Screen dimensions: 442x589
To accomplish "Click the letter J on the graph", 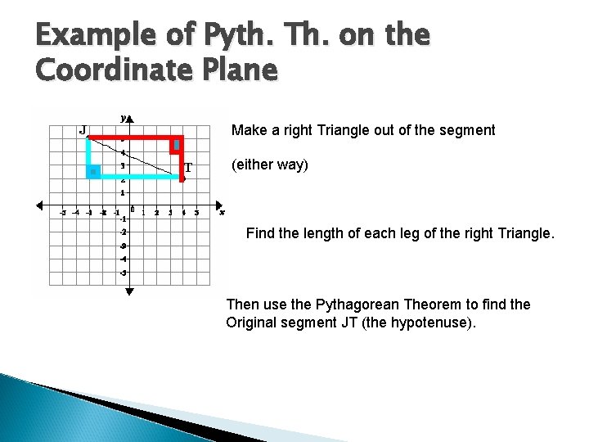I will (x=83, y=129).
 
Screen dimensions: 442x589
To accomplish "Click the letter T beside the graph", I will (x=188, y=167).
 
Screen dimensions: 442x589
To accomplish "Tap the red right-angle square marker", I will (x=175, y=146).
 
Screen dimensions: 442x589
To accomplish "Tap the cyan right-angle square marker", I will (x=94, y=170).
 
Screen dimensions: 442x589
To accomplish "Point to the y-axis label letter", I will (x=123, y=118).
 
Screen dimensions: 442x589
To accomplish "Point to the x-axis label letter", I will (x=222, y=212).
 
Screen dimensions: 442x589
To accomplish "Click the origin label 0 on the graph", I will (x=133, y=209).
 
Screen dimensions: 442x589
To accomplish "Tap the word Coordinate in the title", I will (x=110, y=70).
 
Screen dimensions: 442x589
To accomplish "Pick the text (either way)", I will (x=269, y=165).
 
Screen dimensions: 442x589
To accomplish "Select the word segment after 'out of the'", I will (x=468, y=130).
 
